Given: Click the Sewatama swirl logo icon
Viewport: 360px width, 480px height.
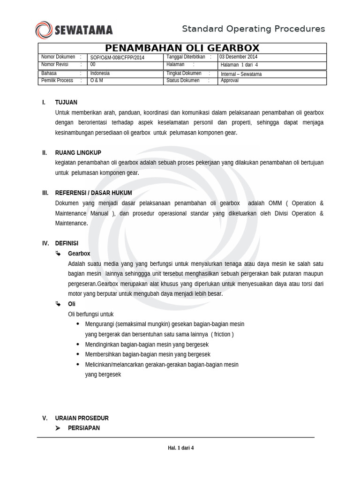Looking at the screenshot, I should [x=44, y=30].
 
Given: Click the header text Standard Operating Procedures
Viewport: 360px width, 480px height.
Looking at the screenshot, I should [x=253, y=29].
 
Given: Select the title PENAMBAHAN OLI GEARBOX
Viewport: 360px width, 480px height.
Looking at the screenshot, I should [x=182, y=48].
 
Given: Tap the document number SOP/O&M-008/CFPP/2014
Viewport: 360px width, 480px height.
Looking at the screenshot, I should [x=118, y=57].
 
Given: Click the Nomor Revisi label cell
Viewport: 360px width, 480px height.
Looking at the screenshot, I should [x=55, y=64].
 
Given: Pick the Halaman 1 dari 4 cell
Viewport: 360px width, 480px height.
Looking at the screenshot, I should [x=239, y=65].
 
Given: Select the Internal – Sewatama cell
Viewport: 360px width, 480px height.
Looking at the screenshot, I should [x=241, y=74].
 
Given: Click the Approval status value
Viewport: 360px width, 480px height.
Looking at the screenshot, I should [x=230, y=81].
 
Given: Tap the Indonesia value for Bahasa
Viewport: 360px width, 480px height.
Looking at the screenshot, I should [x=100, y=74].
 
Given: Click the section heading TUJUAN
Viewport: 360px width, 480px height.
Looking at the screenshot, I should [x=66, y=102].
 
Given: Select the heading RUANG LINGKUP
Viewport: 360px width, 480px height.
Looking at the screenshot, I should [x=78, y=153].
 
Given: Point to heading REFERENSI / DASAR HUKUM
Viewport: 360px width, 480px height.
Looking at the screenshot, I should [x=93, y=193].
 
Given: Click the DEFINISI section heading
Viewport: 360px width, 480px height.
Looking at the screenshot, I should [x=67, y=243].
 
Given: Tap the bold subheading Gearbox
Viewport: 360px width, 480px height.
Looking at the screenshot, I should [x=79, y=254].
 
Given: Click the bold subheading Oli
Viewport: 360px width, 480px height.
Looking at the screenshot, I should [x=72, y=304].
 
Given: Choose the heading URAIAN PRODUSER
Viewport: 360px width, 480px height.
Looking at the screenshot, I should [x=82, y=418].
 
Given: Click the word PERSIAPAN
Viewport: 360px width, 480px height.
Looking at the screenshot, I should [x=83, y=428].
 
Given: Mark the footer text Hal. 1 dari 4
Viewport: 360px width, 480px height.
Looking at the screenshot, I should [x=180, y=448].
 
